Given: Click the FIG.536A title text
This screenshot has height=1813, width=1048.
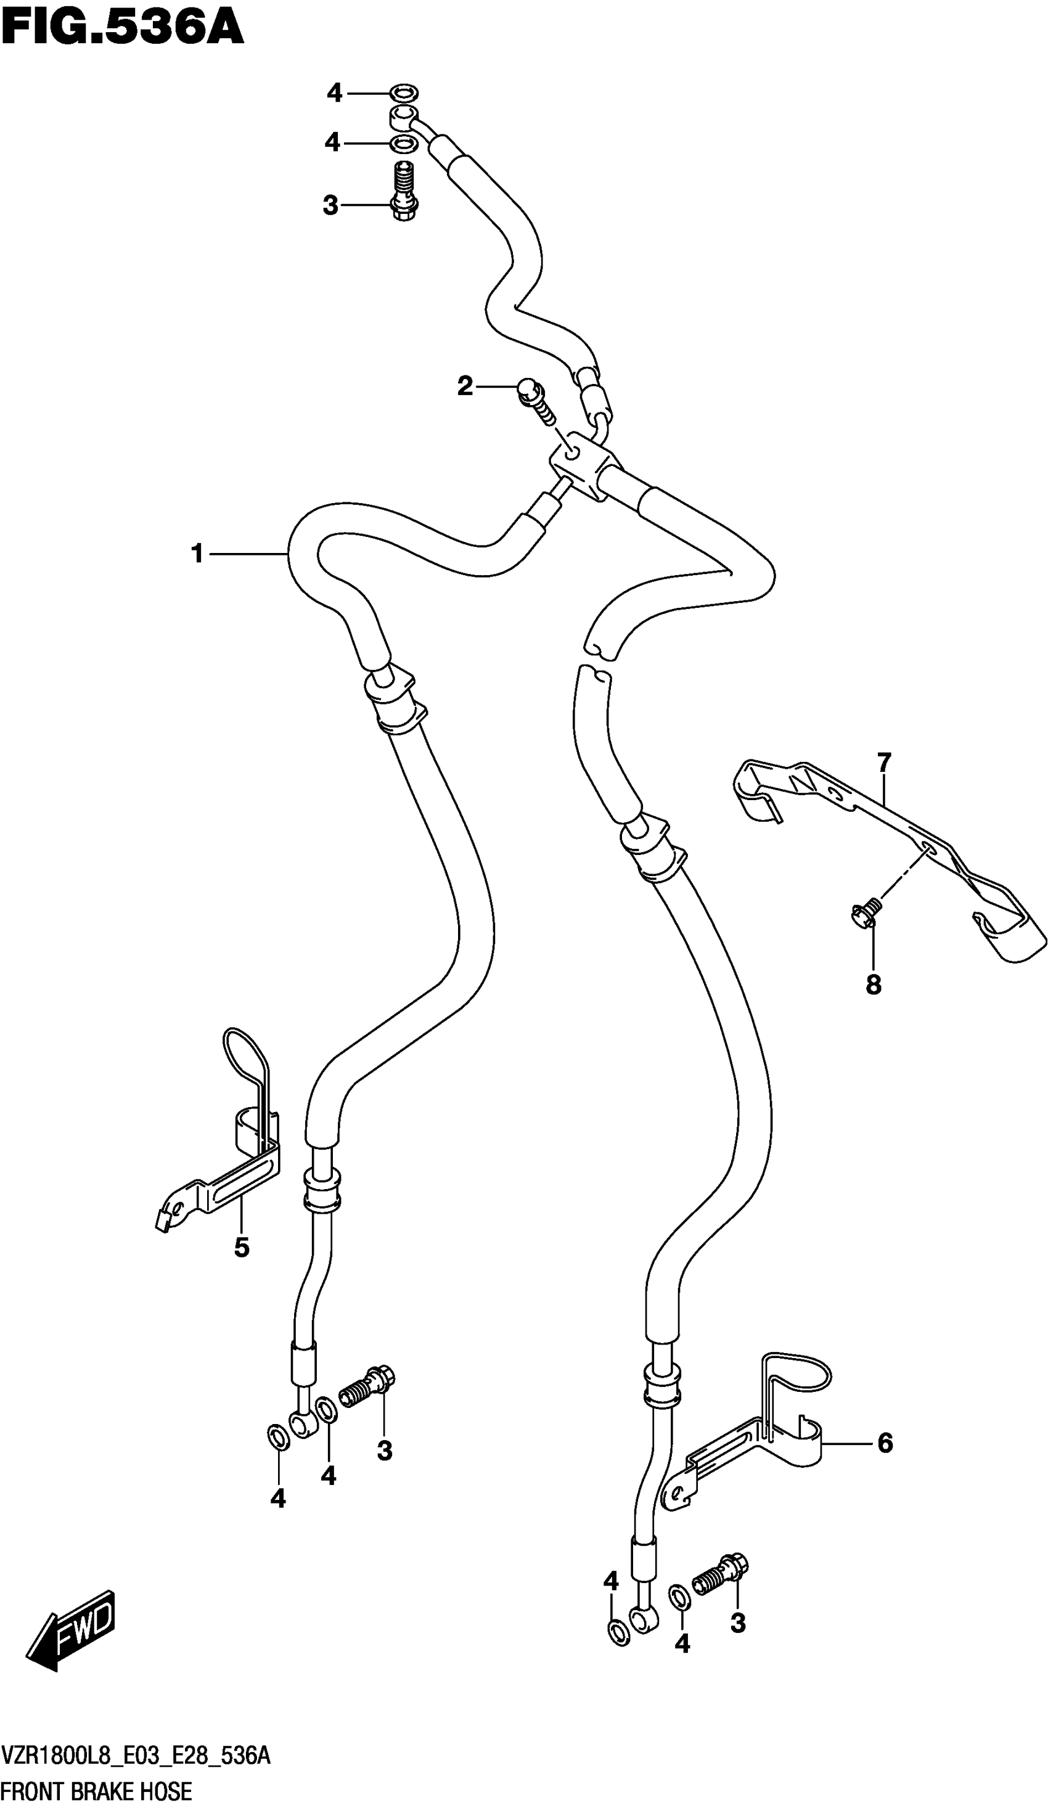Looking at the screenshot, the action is [x=122, y=29].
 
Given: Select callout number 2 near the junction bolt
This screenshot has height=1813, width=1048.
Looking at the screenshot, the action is [x=465, y=387].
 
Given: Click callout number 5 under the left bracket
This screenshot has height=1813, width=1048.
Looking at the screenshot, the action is [x=242, y=1248].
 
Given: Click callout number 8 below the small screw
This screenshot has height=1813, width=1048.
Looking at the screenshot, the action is [x=873, y=985].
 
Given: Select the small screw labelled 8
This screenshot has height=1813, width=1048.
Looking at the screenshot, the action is [x=863, y=913].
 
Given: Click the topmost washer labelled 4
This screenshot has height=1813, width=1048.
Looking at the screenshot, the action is [x=404, y=94].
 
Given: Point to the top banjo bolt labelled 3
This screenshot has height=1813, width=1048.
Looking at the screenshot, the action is [x=406, y=190].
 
